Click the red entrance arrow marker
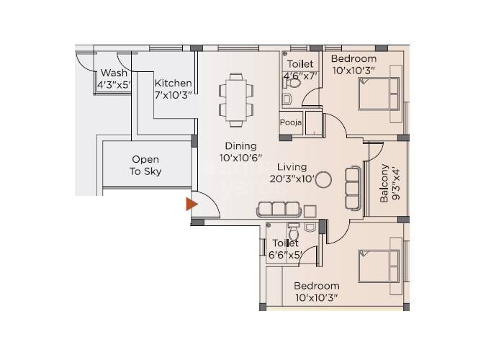[x=192, y=204]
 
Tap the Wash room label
[x=114, y=73]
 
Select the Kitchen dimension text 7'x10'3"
[x=173, y=95]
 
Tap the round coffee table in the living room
[x=324, y=179]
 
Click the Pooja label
[x=291, y=122]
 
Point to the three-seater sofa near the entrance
[x=277, y=210]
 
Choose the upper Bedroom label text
[x=354, y=58]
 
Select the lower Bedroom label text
[x=317, y=286]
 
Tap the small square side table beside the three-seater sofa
[x=309, y=210]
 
